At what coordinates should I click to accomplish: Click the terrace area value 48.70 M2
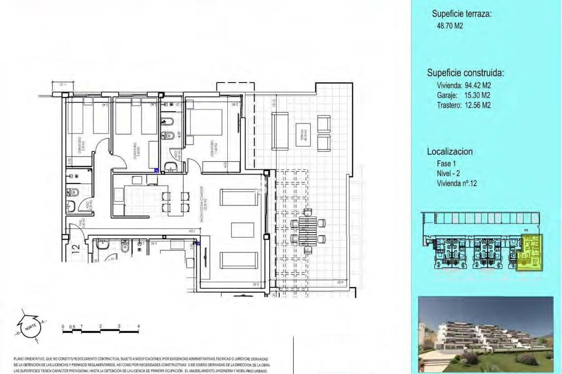(x=450, y=26)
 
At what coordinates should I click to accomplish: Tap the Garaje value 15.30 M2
(x=477, y=95)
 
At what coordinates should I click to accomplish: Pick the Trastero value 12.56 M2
(x=477, y=105)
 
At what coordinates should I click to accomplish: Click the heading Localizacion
(x=450, y=152)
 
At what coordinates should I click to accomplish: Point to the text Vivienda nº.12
(x=457, y=183)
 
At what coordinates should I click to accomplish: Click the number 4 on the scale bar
(x=138, y=326)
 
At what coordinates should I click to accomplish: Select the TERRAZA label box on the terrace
(x=303, y=135)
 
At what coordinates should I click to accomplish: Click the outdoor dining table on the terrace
(x=307, y=231)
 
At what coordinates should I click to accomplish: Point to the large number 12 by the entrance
(x=76, y=248)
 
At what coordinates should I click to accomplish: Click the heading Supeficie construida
(x=465, y=73)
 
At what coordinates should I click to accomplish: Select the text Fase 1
(x=446, y=164)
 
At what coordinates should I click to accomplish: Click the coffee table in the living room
(x=242, y=230)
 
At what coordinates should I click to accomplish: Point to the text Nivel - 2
(x=448, y=174)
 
